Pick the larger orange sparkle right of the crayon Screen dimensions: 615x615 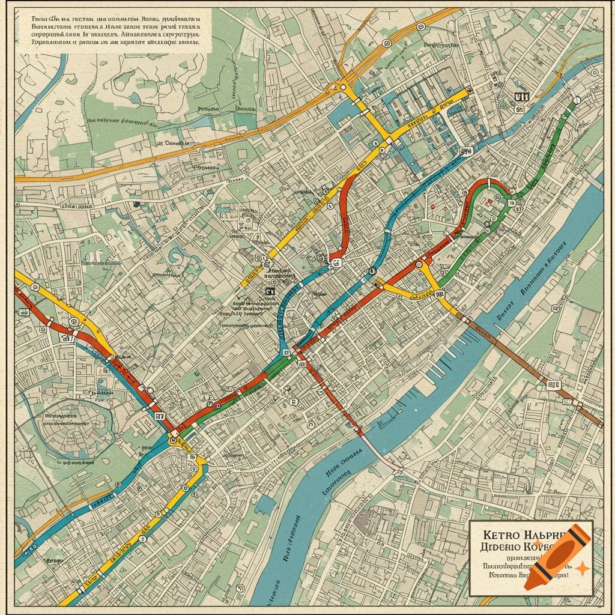click(581, 568)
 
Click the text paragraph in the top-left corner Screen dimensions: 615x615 click(114, 31)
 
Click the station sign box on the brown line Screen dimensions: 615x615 click(553, 384)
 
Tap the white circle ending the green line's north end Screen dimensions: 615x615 click(577, 100)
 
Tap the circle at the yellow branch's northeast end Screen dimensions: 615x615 click(421, 26)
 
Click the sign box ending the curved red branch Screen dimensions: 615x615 click(336, 262)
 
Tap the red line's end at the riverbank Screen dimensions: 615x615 click(359, 430)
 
